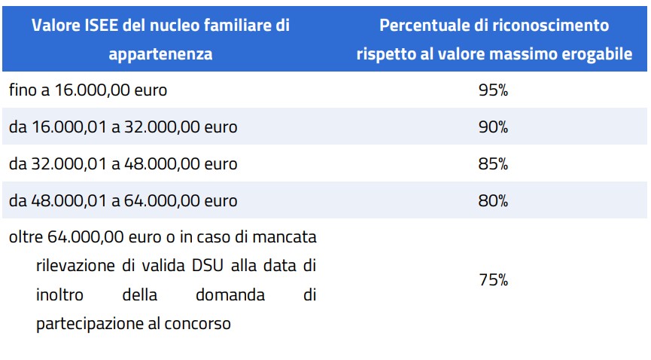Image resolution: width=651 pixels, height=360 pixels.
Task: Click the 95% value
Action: tap(494, 90)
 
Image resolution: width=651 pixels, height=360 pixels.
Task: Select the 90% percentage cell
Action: tap(494, 127)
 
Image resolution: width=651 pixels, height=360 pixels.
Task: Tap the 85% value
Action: tap(494, 163)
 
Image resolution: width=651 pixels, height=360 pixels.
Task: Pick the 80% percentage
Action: tap(494, 201)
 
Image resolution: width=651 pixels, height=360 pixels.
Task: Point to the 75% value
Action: tap(494, 280)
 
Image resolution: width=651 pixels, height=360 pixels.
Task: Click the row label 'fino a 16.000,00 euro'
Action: tap(88, 90)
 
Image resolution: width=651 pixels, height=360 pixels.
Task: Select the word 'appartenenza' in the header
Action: tap(160, 54)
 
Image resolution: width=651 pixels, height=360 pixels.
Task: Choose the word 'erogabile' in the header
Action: tap(595, 54)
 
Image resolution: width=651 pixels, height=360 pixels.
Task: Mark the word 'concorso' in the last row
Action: tap(198, 325)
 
